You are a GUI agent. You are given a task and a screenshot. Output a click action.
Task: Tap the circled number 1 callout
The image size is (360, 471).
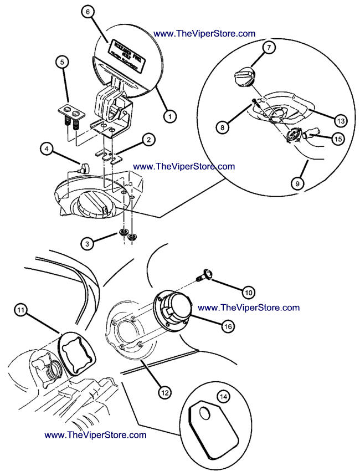[169, 116]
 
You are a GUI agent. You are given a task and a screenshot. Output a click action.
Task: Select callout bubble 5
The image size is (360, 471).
[62, 62]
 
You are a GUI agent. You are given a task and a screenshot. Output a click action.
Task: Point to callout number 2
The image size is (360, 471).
[147, 141]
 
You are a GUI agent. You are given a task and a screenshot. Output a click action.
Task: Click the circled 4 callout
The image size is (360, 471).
[47, 149]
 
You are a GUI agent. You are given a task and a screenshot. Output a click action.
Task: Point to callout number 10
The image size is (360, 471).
[248, 291]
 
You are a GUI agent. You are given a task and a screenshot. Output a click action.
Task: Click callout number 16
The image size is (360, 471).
[227, 327]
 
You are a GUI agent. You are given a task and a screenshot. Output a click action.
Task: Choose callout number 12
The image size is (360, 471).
[164, 392]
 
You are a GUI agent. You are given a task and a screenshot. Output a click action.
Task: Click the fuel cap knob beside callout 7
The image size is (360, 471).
[244, 77]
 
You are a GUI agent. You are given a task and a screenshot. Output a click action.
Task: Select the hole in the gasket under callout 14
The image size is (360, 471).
[204, 414]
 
